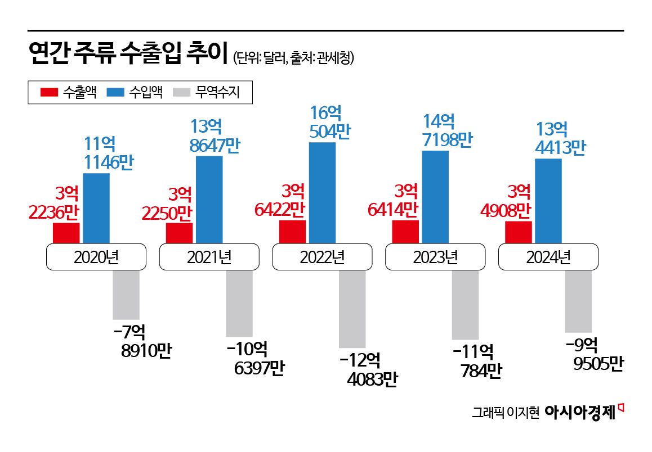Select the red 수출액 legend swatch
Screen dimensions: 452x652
click(x=50, y=93)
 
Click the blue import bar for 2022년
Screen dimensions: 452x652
click(x=323, y=193)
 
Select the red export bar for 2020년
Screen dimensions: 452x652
click(x=66, y=233)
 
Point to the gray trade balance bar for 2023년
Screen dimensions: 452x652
click(x=465, y=305)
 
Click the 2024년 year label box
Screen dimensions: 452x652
click(x=548, y=257)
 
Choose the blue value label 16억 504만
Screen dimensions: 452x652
click(x=331, y=122)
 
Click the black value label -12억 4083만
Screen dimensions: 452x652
click(x=368, y=369)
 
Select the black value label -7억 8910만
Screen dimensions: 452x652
click(x=141, y=341)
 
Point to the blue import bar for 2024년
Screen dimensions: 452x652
click(x=548, y=201)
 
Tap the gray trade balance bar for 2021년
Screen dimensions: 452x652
click(x=239, y=304)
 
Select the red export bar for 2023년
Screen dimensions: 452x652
click(x=405, y=232)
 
